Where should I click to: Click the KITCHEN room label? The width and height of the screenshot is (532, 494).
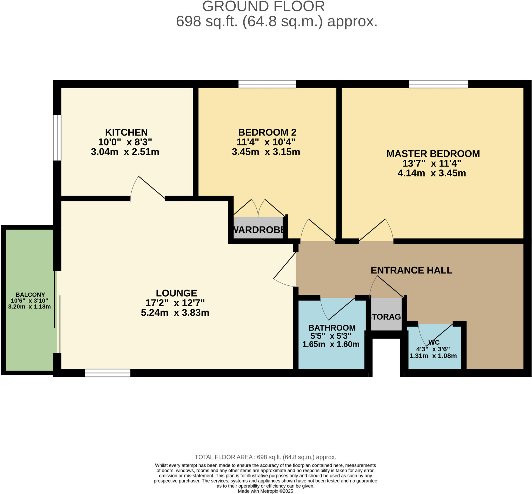pos(126,132)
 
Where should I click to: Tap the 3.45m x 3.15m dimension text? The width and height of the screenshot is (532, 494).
pos(266,152)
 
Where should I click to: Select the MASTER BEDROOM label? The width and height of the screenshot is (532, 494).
pos(433,154)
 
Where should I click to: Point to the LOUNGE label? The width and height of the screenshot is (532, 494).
pos(176,293)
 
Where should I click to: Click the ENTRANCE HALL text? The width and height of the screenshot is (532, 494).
pos(411,270)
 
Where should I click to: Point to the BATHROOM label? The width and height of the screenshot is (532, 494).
pos(332,328)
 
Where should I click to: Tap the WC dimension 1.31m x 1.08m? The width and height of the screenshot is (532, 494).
pos(433,356)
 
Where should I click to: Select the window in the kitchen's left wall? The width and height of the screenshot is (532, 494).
pos(57,138)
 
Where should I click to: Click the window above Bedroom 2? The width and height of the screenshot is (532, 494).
pos(267,84)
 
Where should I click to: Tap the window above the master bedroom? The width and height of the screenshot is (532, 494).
pos(438,84)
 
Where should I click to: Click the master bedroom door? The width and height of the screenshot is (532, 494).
pos(374,230)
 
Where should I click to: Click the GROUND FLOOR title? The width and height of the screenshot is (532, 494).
pos(263,6)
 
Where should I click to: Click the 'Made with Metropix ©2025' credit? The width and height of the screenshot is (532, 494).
pos(265,491)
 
